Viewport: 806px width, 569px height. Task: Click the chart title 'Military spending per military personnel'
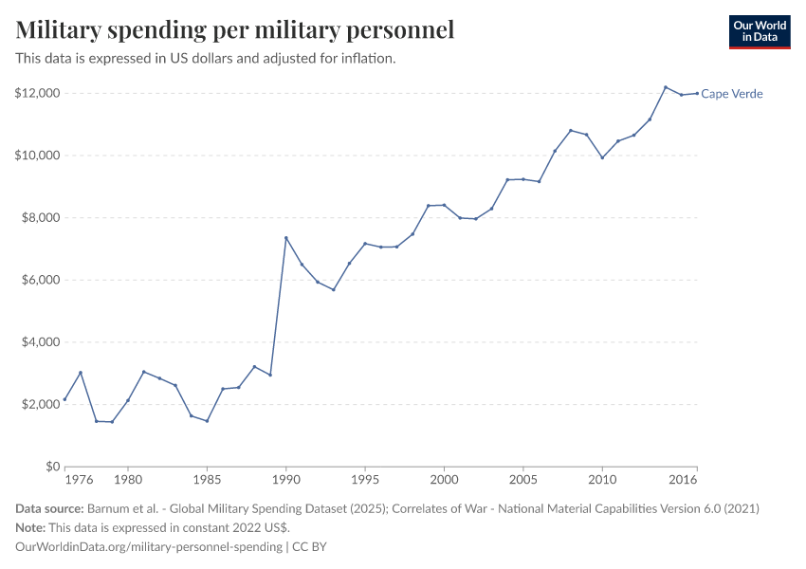pos(235,30)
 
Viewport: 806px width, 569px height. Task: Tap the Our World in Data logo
pos(759,31)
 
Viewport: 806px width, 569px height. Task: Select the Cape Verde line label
pos(732,94)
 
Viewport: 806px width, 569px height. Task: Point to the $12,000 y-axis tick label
pos(38,93)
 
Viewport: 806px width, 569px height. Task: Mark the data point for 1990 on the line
pos(286,237)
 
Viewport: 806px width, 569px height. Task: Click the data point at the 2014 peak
pos(666,87)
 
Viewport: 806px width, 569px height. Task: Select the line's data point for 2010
pos(602,157)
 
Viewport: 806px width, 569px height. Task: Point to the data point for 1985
pos(207,421)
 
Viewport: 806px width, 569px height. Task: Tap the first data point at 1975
pos(64,399)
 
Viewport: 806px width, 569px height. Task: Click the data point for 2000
pos(444,205)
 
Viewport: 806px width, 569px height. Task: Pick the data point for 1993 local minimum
pos(334,289)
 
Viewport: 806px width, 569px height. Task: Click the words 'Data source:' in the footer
pos(49,509)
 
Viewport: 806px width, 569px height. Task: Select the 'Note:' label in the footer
pos(31,527)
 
